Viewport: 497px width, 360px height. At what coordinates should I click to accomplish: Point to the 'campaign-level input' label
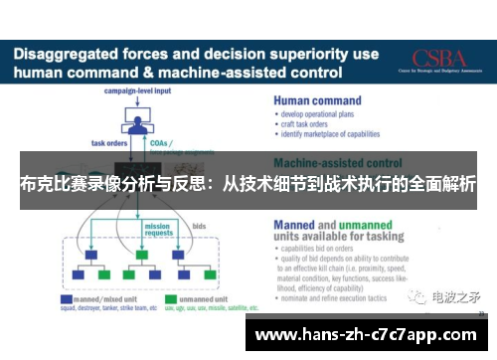pyautogui.click(x=137, y=91)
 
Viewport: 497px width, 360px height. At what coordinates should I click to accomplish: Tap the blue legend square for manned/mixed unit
pyautogui.click(x=66, y=298)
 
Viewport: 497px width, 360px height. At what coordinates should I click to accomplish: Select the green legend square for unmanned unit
pyautogui.click(x=170, y=298)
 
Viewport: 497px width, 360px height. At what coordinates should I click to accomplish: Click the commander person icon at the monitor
pyautogui.click(x=137, y=119)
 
